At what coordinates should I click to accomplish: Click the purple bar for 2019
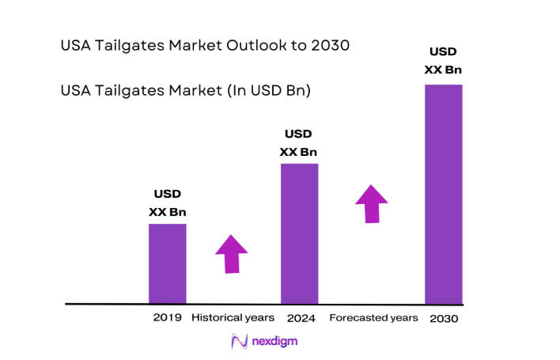tap(168, 263)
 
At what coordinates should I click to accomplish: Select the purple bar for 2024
tap(300, 233)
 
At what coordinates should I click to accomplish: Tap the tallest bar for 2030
tap(444, 194)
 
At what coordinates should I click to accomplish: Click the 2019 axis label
tap(167, 317)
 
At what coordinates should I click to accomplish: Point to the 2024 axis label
tap(301, 318)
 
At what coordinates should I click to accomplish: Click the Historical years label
tap(233, 317)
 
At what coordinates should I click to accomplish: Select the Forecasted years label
tap(373, 317)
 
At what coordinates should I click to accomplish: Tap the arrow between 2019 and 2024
tap(231, 254)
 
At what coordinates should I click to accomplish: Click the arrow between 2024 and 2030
tap(371, 203)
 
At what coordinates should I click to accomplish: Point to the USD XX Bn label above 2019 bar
tap(168, 203)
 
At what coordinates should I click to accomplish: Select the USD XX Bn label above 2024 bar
tap(300, 142)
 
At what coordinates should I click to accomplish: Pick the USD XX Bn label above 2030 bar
tap(444, 61)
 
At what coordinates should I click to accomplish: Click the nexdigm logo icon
tap(239, 341)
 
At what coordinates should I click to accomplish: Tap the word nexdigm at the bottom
tap(275, 342)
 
